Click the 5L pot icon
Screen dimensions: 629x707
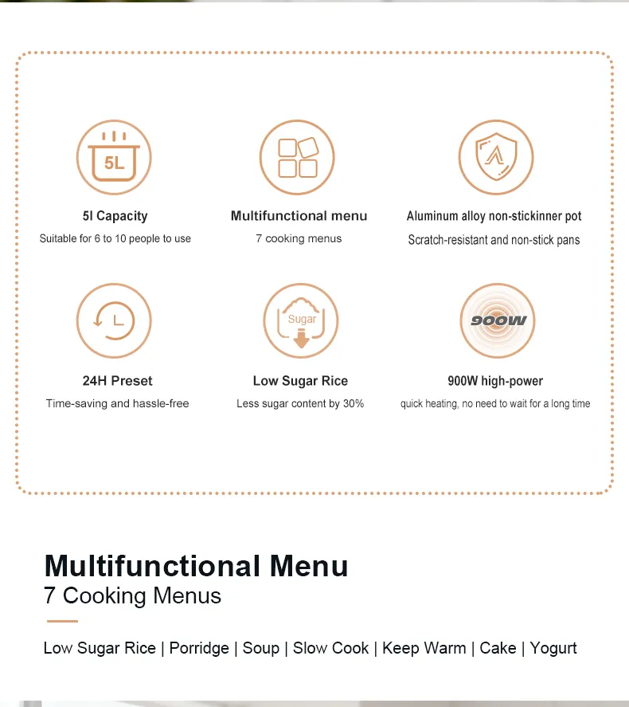tap(114, 157)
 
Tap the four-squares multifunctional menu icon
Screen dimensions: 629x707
tap(297, 157)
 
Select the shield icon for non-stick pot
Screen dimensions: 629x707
tap(496, 157)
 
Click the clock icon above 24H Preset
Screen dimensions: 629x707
tap(114, 320)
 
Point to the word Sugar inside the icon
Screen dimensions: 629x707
tap(302, 319)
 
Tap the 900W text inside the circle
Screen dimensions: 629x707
tap(498, 320)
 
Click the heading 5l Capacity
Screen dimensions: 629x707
tap(115, 216)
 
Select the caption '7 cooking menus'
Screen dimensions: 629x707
tap(299, 238)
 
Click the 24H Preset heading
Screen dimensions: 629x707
tap(118, 381)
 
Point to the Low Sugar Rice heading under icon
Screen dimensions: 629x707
tap(300, 381)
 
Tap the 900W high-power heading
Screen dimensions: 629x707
tap(495, 381)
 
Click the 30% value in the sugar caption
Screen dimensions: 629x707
tap(354, 403)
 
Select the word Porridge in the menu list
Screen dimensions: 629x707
tap(199, 648)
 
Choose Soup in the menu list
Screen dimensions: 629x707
tap(260, 648)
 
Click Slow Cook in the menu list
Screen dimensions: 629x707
tap(331, 648)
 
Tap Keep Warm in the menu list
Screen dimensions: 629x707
tap(424, 648)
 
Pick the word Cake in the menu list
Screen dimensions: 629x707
tap(498, 648)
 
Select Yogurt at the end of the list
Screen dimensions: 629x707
tap(553, 648)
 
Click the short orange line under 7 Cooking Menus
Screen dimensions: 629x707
tap(62, 621)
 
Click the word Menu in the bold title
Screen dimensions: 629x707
tap(309, 566)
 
